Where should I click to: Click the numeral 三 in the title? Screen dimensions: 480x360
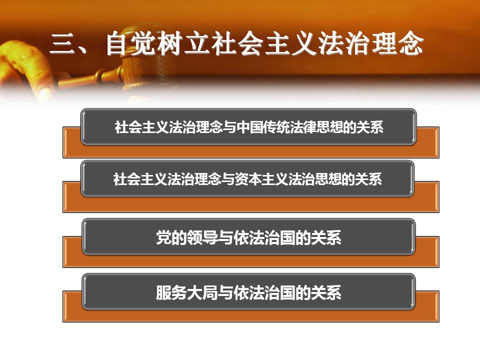[63, 44]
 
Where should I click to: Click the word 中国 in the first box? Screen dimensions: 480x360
[249, 127]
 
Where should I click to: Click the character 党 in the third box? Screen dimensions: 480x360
[164, 237]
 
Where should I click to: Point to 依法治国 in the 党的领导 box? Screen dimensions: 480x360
[264, 237]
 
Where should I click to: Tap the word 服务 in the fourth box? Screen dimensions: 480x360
[171, 292]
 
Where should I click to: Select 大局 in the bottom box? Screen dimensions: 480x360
[202, 292]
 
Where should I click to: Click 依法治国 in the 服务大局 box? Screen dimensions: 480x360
[264, 292]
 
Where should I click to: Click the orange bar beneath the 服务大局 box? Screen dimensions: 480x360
[251, 315]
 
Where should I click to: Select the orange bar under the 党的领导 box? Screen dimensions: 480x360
[251, 261]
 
